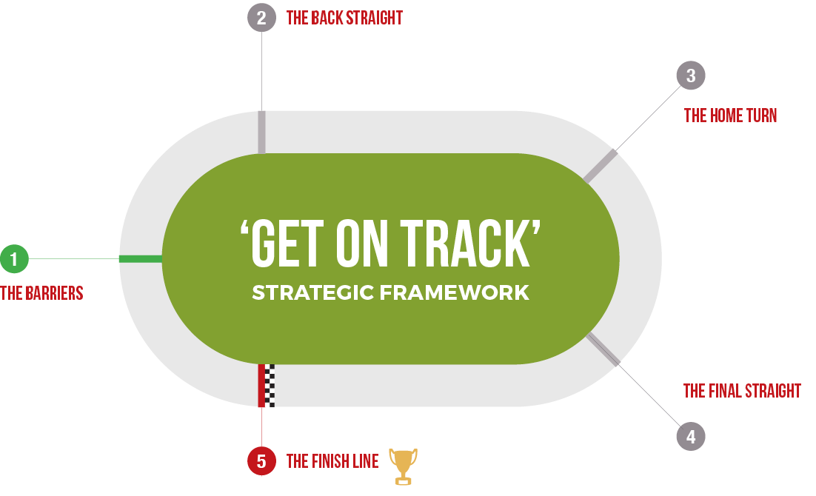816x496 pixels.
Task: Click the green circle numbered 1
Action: click(x=14, y=258)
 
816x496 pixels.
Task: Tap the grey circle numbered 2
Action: click(x=262, y=18)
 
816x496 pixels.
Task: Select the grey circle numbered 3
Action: click(x=691, y=76)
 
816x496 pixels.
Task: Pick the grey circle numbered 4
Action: click(x=691, y=436)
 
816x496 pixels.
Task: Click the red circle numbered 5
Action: click(x=262, y=461)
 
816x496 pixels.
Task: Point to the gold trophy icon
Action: click(x=404, y=466)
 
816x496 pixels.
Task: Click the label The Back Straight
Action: click(x=344, y=19)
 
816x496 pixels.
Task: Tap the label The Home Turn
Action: click(x=730, y=115)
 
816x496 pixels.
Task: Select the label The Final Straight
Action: click(x=742, y=391)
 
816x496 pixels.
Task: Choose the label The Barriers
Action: click(x=41, y=294)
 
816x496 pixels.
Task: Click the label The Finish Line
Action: click(x=332, y=462)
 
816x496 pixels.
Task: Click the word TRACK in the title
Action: click(x=466, y=244)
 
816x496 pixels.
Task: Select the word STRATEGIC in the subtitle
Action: click(x=312, y=292)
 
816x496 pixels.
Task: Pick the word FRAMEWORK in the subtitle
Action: click(x=455, y=292)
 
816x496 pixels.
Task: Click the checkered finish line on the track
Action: click(x=267, y=386)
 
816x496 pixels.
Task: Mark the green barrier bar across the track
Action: click(x=141, y=258)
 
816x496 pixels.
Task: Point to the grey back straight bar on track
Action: click(x=262, y=133)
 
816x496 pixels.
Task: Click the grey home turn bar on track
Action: click(x=600, y=167)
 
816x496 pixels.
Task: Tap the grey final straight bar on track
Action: click(x=603, y=349)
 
